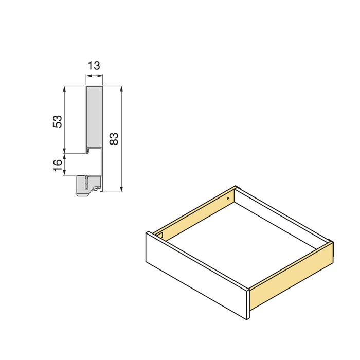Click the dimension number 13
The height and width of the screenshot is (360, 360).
[94, 65]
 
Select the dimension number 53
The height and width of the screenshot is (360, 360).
[58, 121]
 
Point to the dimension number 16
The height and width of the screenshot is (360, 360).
[58, 165]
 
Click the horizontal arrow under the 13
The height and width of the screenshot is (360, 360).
[94, 76]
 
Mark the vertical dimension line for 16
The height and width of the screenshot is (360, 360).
[65, 164]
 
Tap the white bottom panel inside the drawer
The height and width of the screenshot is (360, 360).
[242, 242]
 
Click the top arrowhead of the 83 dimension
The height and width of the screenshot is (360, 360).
[121, 89]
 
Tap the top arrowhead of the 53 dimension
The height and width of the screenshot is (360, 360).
[65, 89]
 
